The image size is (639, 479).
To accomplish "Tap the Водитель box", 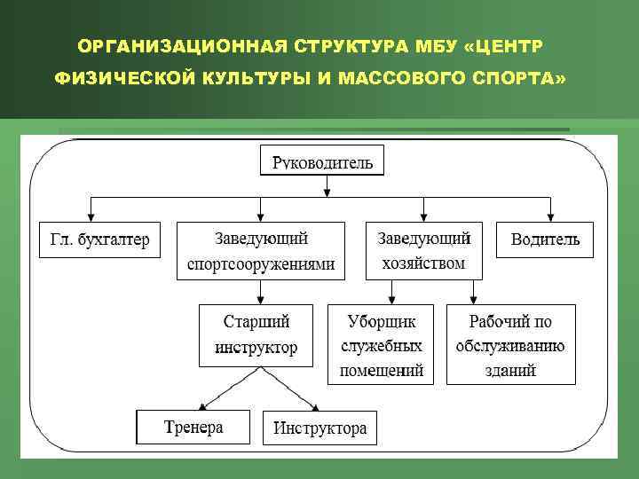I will click(545, 239).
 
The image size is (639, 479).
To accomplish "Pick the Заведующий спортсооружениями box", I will click(261, 251).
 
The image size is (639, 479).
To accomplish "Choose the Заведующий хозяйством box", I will click(424, 250).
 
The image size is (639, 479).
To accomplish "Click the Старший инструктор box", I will click(256, 334).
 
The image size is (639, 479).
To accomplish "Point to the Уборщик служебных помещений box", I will click(381, 344).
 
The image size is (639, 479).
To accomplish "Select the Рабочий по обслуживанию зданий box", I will click(510, 344).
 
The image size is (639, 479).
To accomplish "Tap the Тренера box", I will click(193, 427).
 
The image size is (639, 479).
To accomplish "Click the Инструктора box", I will click(319, 428).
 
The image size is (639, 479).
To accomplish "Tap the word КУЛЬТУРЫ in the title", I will click(256, 78).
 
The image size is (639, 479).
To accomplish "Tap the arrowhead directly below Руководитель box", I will click(327, 189).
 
